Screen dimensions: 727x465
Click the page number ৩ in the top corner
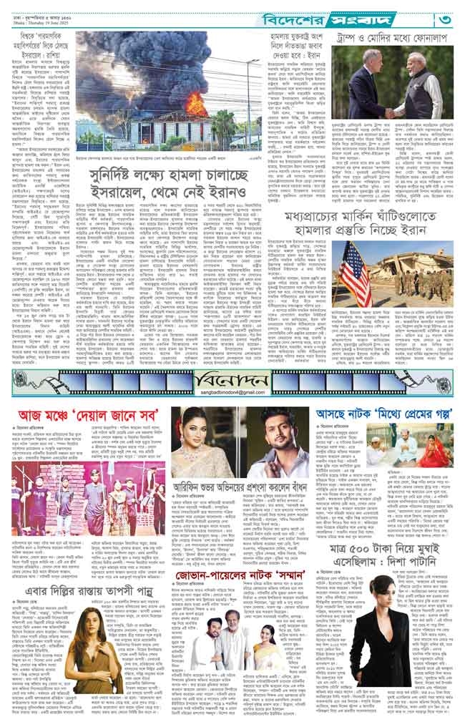pos(446,16)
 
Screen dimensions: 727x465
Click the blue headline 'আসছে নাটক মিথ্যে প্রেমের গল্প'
pos(383,414)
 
